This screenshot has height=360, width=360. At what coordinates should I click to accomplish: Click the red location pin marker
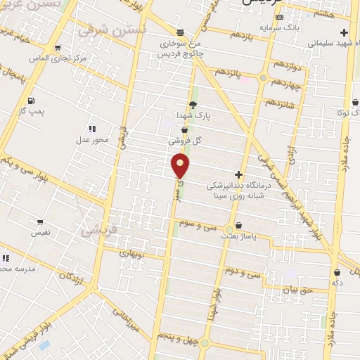point(180,166)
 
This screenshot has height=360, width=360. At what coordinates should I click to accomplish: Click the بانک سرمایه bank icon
point(280,17)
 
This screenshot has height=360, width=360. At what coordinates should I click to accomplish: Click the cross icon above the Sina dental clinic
point(239,174)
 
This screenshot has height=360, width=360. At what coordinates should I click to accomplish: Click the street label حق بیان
point(295,289)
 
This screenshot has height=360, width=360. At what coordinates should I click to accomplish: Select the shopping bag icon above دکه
point(337,272)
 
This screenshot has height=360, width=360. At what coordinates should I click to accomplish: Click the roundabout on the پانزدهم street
point(263,77)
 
